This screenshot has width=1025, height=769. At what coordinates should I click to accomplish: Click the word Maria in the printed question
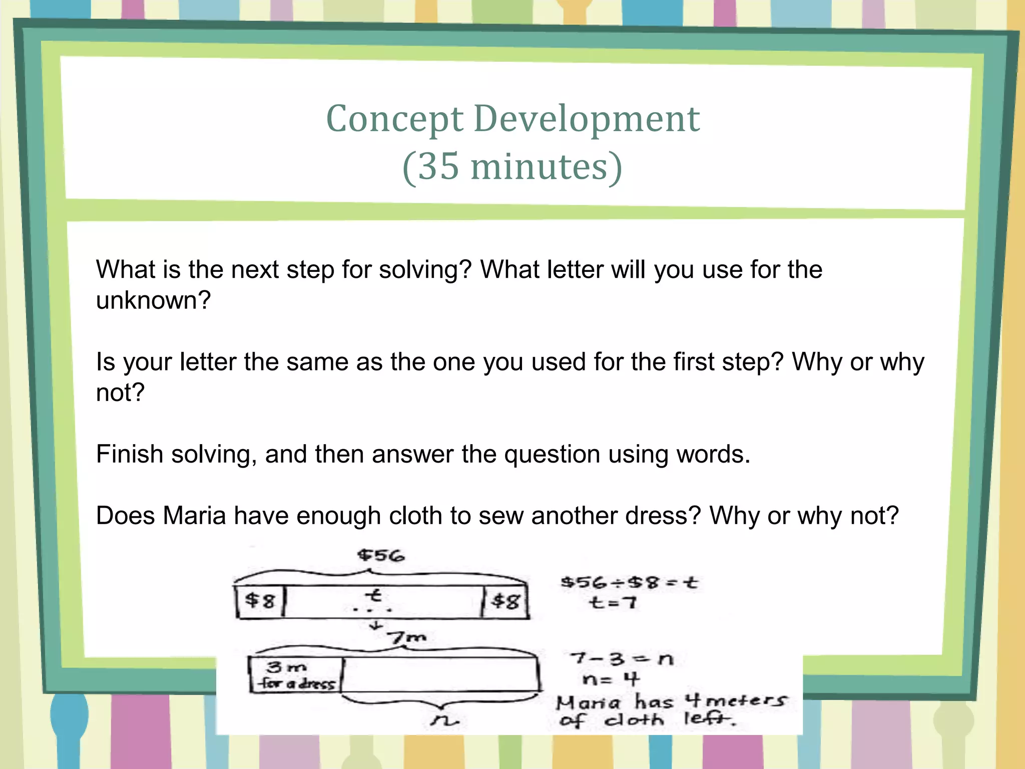194,516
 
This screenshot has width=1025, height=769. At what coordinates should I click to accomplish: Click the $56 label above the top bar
381,555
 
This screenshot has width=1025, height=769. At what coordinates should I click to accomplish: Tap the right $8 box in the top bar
505,601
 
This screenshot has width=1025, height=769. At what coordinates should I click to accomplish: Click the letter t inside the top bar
373,596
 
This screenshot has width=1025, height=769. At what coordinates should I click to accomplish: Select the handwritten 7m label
408,637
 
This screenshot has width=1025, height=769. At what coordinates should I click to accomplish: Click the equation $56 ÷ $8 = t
629,583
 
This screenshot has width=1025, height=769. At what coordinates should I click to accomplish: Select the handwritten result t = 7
613,602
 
